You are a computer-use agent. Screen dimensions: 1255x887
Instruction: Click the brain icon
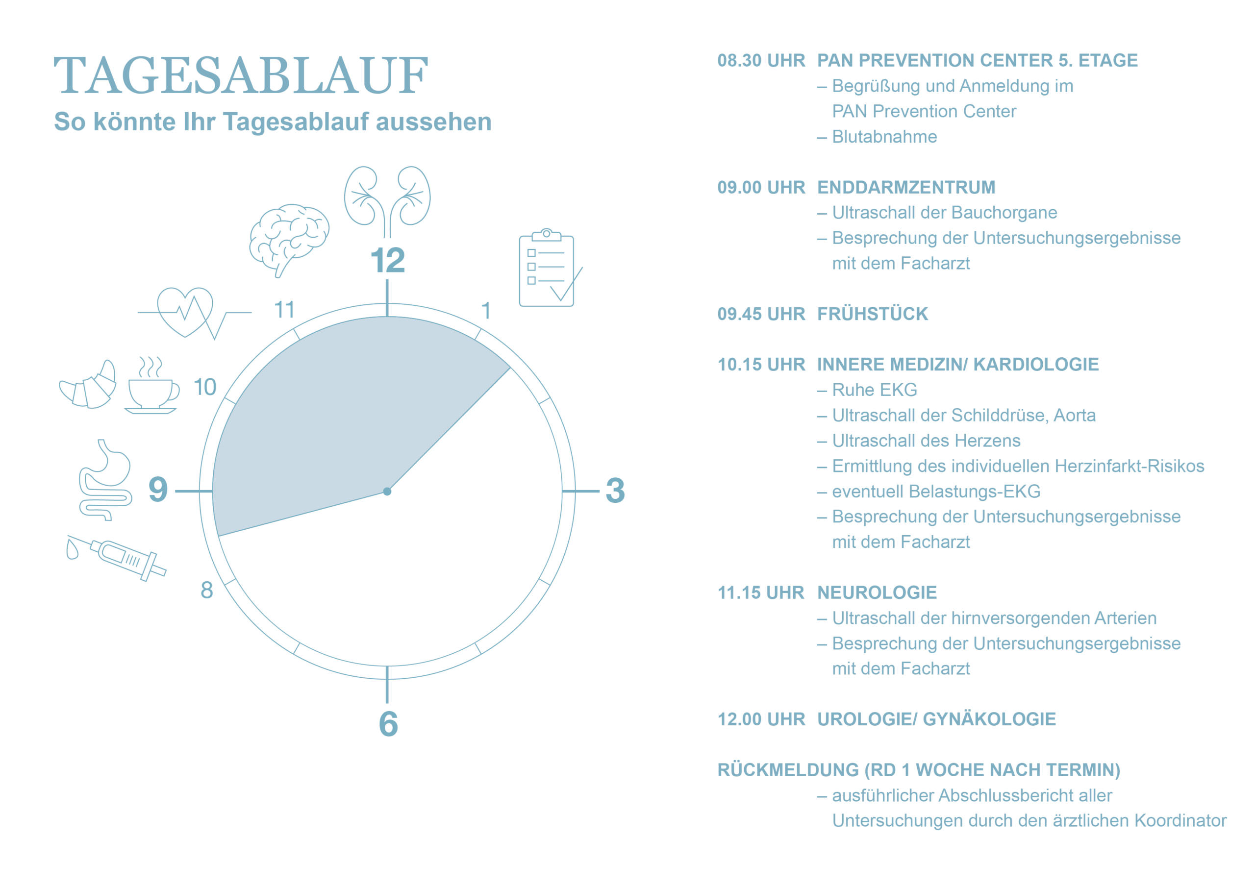[x=289, y=239]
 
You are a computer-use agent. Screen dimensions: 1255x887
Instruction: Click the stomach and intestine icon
[x=105, y=480]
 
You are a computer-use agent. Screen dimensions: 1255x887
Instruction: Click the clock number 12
[x=388, y=260]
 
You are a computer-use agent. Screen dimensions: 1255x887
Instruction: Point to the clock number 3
[x=615, y=490]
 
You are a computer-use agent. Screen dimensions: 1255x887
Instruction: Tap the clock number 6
[x=388, y=724]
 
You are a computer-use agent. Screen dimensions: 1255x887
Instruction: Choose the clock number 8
[x=206, y=590]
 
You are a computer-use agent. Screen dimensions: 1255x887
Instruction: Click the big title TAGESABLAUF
[x=241, y=75]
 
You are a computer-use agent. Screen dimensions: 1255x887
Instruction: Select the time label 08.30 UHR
[x=761, y=60]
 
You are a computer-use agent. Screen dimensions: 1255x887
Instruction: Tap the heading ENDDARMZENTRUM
[x=906, y=187]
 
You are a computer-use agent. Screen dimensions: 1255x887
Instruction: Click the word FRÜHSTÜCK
[x=873, y=314]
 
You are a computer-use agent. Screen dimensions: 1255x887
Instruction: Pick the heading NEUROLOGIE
[x=877, y=592]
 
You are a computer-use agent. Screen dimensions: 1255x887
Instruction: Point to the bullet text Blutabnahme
[x=884, y=137]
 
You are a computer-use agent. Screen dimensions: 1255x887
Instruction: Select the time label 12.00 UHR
[x=761, y=719]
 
